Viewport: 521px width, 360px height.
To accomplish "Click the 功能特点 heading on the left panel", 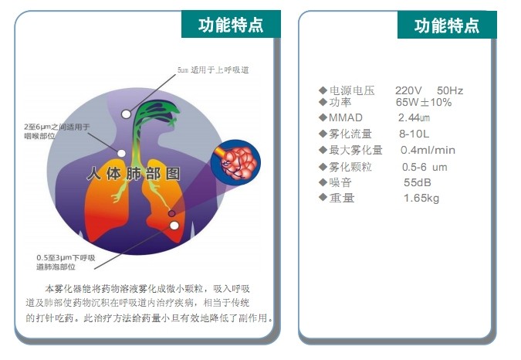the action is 231,25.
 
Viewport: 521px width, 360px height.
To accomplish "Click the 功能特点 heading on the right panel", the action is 447,25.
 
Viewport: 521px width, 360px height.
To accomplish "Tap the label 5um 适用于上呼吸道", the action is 213,70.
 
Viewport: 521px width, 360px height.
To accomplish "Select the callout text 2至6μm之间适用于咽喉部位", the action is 57,131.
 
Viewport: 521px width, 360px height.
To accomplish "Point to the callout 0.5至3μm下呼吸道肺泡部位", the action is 66,262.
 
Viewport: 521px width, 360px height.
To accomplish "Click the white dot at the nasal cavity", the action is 126,114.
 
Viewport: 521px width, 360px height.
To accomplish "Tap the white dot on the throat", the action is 122,153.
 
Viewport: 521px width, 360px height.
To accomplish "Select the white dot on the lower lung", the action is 174,226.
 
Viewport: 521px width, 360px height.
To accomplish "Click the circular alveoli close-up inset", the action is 235,163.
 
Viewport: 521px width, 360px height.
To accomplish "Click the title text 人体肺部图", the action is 134,174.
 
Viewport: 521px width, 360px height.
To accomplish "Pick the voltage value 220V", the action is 408,90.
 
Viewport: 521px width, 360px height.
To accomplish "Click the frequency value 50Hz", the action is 450,90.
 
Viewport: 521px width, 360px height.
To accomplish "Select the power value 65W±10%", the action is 424,102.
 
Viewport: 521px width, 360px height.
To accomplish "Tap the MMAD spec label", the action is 346,117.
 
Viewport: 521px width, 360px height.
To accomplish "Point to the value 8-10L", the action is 414,134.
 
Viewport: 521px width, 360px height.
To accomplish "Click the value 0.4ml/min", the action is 428,150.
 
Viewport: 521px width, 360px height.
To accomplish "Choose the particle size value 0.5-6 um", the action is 425,167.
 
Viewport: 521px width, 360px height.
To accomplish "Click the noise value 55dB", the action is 418,182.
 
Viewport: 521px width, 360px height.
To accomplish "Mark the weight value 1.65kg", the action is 421,199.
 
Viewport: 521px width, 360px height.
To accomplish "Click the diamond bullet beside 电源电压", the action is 323,90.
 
